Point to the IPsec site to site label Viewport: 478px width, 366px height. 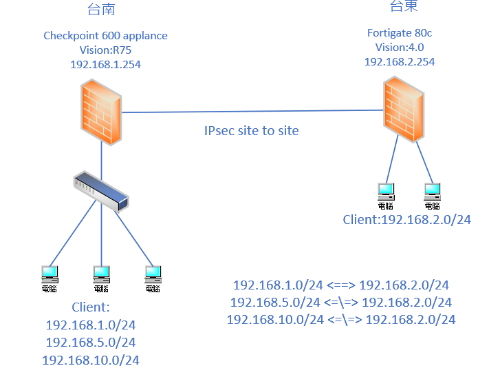pyautogui.click(x=252, y=130)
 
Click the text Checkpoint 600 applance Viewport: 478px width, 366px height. pyautogui.click(x=105, y=36)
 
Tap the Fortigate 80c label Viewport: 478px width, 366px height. pyautogui.click(x=399, y=32)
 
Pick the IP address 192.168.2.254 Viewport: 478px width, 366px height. pyautogui.click(x=399, y=61)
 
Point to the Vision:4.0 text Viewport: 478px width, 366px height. pyautogui.click(x=399, y=47)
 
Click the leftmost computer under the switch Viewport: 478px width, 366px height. pyautogui.click(x=50, y=278)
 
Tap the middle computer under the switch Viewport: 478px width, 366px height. pyautogui.click(x=101, y=278)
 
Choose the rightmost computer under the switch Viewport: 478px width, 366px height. pyautogui.click(x=153, y=278)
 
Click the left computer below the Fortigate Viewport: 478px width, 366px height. pyautogui.click(x=386, y=194)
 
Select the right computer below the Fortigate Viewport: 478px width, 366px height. pyautogui.click(x=432, y=194)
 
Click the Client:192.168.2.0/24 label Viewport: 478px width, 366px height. pyautogui.click(x=406, y=220)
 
